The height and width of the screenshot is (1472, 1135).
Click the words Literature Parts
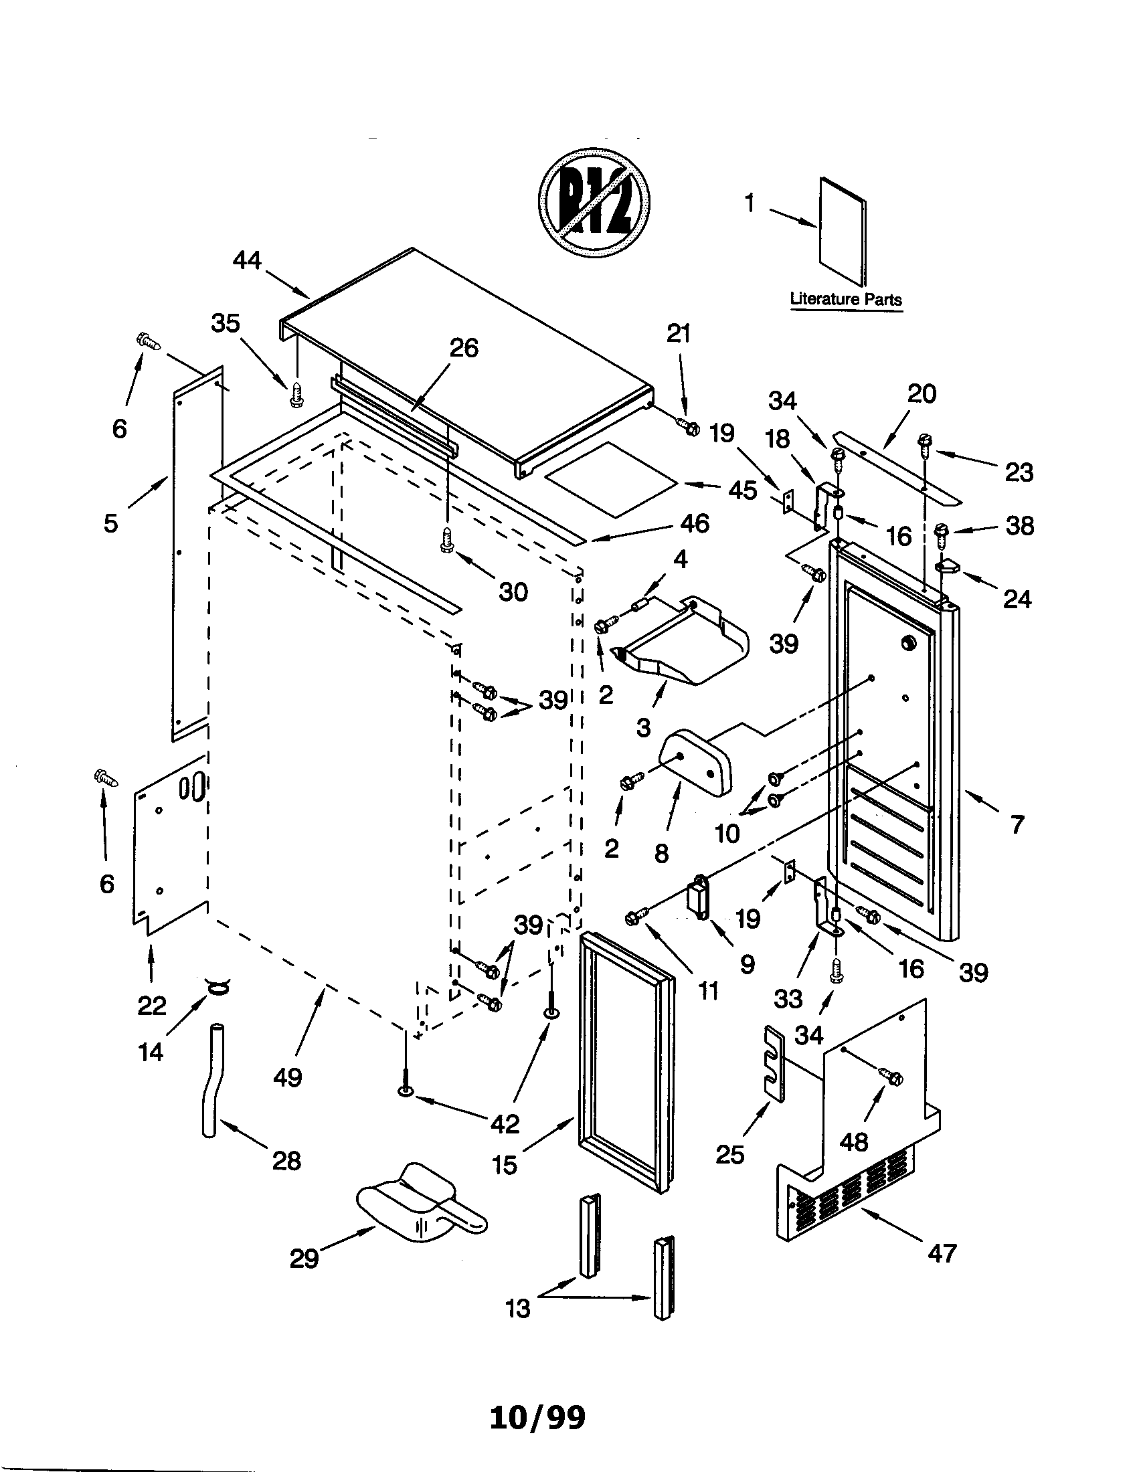pos(845,300)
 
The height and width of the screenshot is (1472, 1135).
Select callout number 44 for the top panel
pos(247,260)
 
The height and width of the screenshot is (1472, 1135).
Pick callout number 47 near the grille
pos(942,1254)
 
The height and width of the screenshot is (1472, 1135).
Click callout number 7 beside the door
pos(1017,824)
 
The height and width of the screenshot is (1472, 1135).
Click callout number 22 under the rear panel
pos(152,1006)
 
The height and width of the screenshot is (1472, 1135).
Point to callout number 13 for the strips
pos(517,1309)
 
